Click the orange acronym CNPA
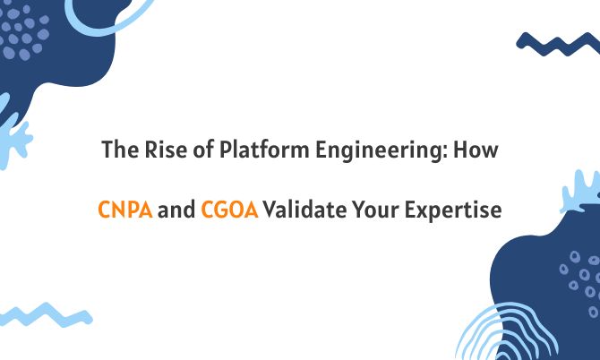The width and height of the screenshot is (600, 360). click(125, 211)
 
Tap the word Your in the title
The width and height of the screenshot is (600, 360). click(375, 211)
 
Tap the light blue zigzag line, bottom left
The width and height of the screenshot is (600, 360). click(45, 314)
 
